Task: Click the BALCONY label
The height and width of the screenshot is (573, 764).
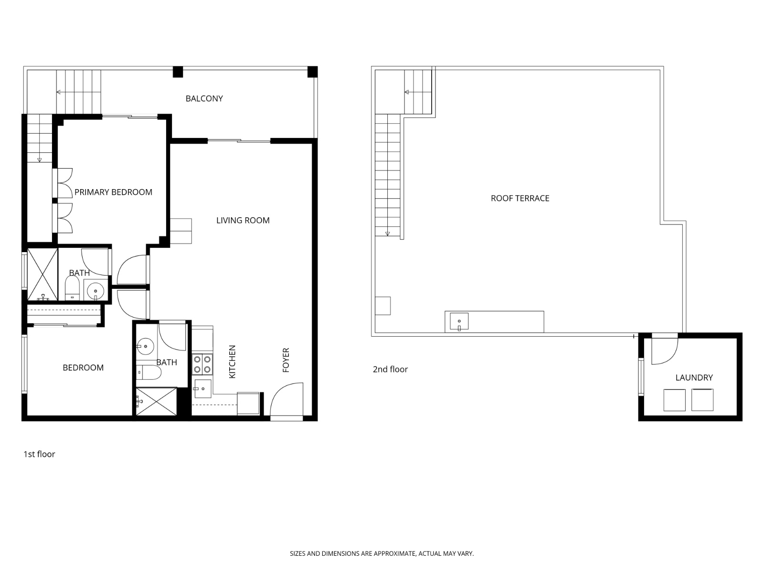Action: [x=204, y=98]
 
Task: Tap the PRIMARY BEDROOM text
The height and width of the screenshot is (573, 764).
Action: [x=113, y=192]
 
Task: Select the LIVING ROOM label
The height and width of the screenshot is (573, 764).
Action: [x=243, y=220]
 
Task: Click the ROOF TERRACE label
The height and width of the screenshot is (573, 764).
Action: [x=520, y=198]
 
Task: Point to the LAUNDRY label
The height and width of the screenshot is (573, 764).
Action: [x=693, y=377]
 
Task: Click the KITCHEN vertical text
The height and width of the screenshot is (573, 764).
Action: [x=233, y=362]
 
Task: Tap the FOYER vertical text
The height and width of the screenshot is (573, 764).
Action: [x=286, y=360]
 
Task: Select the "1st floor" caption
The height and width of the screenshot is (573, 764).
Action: [x=39, y=454]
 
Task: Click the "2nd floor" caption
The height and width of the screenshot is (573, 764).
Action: [x=390, y=369]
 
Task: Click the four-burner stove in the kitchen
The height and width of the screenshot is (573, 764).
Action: [x=202, y=364]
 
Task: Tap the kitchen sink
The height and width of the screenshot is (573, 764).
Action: [x=202, y=389]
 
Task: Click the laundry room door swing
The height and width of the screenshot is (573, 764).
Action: [x=664, y=350]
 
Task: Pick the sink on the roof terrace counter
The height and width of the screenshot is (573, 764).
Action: [x=459, y=321]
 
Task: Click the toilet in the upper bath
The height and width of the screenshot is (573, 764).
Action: [x=72, y=288]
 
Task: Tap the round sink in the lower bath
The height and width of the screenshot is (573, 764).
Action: [x=145, y=346]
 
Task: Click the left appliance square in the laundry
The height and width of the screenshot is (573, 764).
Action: [x=674, y=400]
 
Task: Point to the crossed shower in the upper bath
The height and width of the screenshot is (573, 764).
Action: [x=42, y=275]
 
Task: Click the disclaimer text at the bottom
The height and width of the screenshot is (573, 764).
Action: [x=382, y=553]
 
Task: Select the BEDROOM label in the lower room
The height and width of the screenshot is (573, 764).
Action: [x=83, y=367]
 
